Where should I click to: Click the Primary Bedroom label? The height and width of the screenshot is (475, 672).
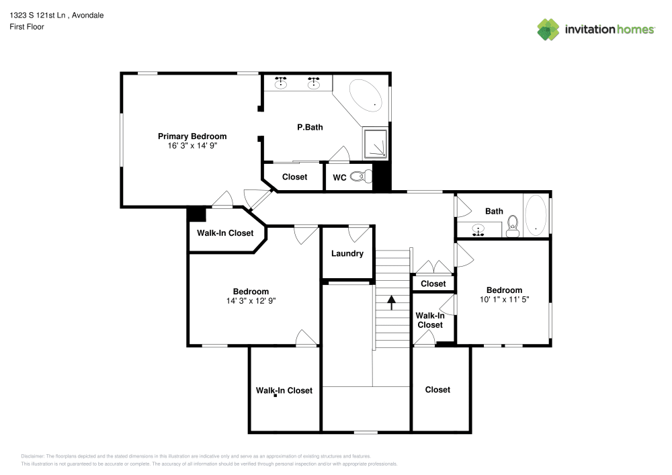tap(192, 136)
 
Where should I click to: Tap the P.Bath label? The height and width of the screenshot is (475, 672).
tap(310, 126)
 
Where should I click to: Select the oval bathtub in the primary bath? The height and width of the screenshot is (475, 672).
tap(366, 96)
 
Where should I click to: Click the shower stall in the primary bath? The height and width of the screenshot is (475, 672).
tap(376, 144)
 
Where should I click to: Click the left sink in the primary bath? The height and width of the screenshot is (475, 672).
tap(282, 83)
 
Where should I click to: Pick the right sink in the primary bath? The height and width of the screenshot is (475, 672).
tap(313, 83)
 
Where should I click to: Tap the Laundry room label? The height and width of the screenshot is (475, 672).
tap(347, 253)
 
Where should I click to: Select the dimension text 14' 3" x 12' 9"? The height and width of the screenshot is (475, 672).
tap(251, 301)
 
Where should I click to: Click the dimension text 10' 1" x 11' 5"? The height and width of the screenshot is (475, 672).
tap(504, 300)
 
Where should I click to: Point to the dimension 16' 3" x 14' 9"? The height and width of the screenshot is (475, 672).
tap(192, 145)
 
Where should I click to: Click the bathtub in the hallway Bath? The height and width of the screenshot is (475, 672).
tap(536, 215)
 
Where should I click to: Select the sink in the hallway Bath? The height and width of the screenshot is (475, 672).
tap(478, 230)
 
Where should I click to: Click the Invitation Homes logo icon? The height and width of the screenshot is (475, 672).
tap(548, 29)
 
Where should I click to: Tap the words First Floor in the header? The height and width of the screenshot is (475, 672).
tap(27, 27)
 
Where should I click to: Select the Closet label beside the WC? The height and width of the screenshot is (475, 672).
tap(294, 177)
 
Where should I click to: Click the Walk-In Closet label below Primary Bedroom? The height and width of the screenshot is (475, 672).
tap(225, 233)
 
